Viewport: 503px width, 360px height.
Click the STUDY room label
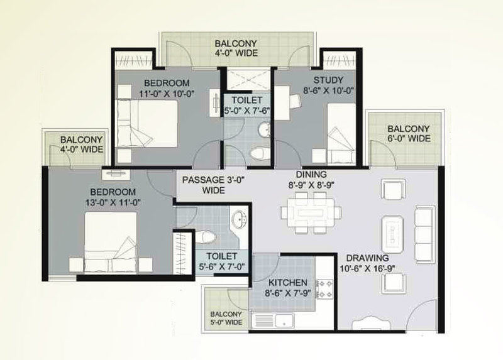(x=328, y=80)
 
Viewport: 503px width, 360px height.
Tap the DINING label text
(x=311, y=175)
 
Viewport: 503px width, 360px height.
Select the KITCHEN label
(x=288, y=283)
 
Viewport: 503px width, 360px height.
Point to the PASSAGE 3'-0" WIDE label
(x=213, y=185)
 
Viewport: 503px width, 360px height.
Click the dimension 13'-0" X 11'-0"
(x=113, y=202)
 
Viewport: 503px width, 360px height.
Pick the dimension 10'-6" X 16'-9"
(x=367, y=268)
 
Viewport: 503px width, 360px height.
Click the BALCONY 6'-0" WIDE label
(x=409, y=134)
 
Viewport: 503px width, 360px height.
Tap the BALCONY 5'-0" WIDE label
(x=226, y=318)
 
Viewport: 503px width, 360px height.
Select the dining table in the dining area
(x=311, y=212)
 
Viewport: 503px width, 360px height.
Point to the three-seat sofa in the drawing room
(x=425, y=234)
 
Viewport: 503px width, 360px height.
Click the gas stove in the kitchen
(x=325, y=289)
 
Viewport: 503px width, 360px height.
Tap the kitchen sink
(x=273, y=320)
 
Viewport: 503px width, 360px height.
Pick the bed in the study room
(x=341, y=134)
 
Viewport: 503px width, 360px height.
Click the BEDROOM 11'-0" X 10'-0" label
(x=167, y=88)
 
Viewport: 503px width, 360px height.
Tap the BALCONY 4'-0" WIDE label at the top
(x=236, y=48)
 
